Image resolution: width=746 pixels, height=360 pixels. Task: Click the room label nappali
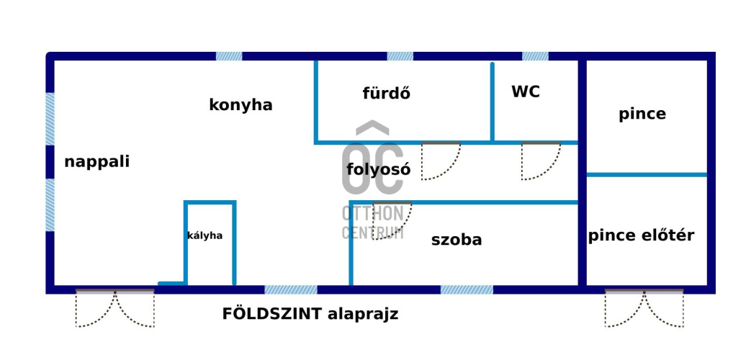click(x=96, y=161)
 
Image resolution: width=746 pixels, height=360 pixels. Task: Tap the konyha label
click(x=241, y=105)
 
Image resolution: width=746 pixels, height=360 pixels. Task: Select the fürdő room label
click(x=386, y=94)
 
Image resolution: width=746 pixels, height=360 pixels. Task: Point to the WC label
click(x=526, y=92)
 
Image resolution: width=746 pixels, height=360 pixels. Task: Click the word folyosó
click(x=378, y=170)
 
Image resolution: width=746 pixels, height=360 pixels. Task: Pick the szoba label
click(x=457, y=240)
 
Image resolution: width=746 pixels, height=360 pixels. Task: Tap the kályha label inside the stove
click(x=205, y=235)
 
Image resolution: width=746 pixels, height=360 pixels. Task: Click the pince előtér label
click(x=641, y=235)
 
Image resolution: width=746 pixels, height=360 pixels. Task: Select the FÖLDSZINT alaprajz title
click(x=310, y=314)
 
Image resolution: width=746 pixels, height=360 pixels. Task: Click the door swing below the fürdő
click(x=439, y=161)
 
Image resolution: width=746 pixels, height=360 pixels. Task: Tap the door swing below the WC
click(x=540, y=161)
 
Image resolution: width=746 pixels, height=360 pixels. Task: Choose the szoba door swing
click(x=392, y=220)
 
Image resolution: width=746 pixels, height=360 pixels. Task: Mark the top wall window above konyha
click(x=229, y=56)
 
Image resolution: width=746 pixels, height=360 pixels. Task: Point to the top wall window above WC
click(x=535, y=56)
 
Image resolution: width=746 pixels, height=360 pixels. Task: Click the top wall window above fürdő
click(x=400, y=56)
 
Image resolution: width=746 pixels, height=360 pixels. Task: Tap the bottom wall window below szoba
click(x=467, y=289)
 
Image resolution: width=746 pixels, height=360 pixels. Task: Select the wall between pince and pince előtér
click(x=647, y=174)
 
